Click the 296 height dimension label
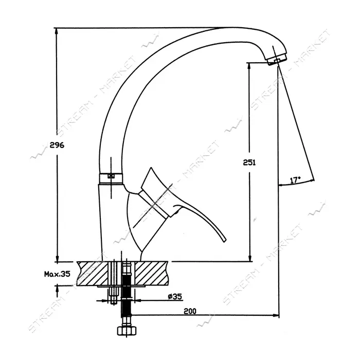[57, 146]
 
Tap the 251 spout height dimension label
[249, 163]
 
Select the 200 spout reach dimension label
[190, 311]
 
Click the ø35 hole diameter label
[175, 296]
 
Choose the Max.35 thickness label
[57, 274]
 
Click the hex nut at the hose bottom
[127, 331]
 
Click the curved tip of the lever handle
[224, 240]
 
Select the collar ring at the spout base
[111, 177]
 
